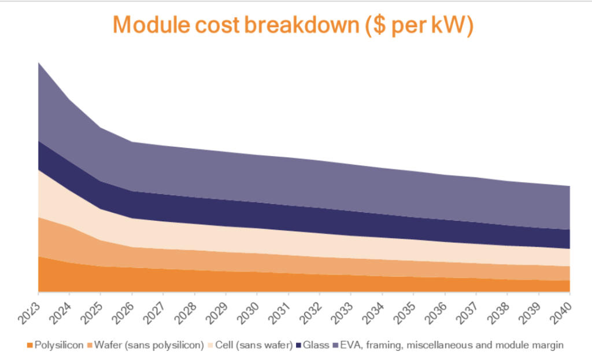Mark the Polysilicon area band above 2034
coord(382,284)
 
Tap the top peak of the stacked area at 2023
coord(39,63)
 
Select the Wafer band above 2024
coord(69,245)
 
